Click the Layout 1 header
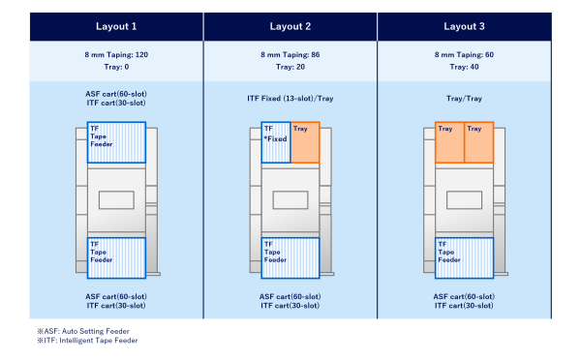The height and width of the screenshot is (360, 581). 115,26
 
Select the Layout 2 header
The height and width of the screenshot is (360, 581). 290,26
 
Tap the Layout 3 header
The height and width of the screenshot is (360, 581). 464,26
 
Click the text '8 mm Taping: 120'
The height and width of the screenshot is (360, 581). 115,55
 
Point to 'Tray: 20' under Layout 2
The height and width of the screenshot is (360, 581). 290,68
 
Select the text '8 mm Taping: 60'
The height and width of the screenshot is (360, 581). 464,55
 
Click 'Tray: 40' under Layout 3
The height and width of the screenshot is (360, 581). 464,68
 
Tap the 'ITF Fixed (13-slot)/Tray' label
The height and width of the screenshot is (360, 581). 290,98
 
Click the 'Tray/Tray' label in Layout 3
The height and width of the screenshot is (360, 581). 464,98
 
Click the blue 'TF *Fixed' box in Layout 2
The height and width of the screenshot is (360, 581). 276,142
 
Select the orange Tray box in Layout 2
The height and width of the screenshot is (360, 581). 305,142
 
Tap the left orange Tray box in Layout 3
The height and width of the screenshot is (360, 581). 450,142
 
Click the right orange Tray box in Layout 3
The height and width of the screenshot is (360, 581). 479,142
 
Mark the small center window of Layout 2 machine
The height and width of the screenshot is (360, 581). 290,199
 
